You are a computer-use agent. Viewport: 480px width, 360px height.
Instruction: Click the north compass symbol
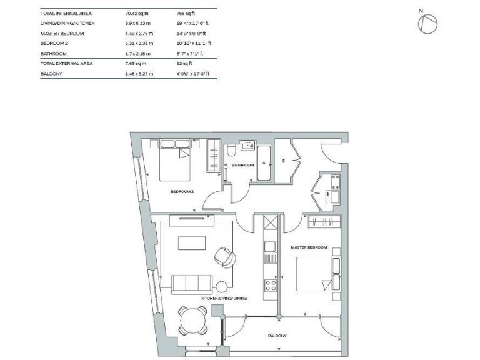[x=428, y=24]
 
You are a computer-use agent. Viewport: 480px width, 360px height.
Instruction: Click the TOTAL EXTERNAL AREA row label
[x=67, y=64]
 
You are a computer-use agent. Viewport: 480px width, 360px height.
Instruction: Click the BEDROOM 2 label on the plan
[x=181, y=192]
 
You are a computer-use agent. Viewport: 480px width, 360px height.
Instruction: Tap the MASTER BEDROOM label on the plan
[x=309, y=247]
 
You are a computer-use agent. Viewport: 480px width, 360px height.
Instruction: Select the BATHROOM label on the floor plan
[x=242, y=165]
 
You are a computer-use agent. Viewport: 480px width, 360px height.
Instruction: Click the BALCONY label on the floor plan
[x=277, y=336]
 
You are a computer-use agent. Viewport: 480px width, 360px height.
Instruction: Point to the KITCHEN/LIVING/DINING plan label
[x=224, y=299]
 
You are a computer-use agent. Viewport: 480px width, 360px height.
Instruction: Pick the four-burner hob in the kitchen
[x=271, y=286]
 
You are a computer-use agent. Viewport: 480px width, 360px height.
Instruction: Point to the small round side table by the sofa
[x=221, y=287]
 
